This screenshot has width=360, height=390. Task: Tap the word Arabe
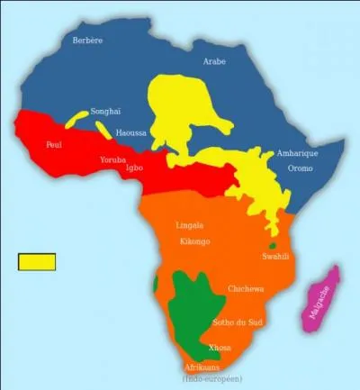click(x=215, y=61)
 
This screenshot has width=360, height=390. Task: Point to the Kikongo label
click(x=194, y=241)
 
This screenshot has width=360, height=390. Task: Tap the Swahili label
click(x=274, y=257)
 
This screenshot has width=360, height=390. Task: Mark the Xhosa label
click(x=219, y=347)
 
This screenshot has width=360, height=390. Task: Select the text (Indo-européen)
click(x=212, y=378)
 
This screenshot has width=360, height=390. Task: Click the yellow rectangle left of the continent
click(x=37, y=261)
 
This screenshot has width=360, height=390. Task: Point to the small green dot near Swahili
click(x=272, y=246)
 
